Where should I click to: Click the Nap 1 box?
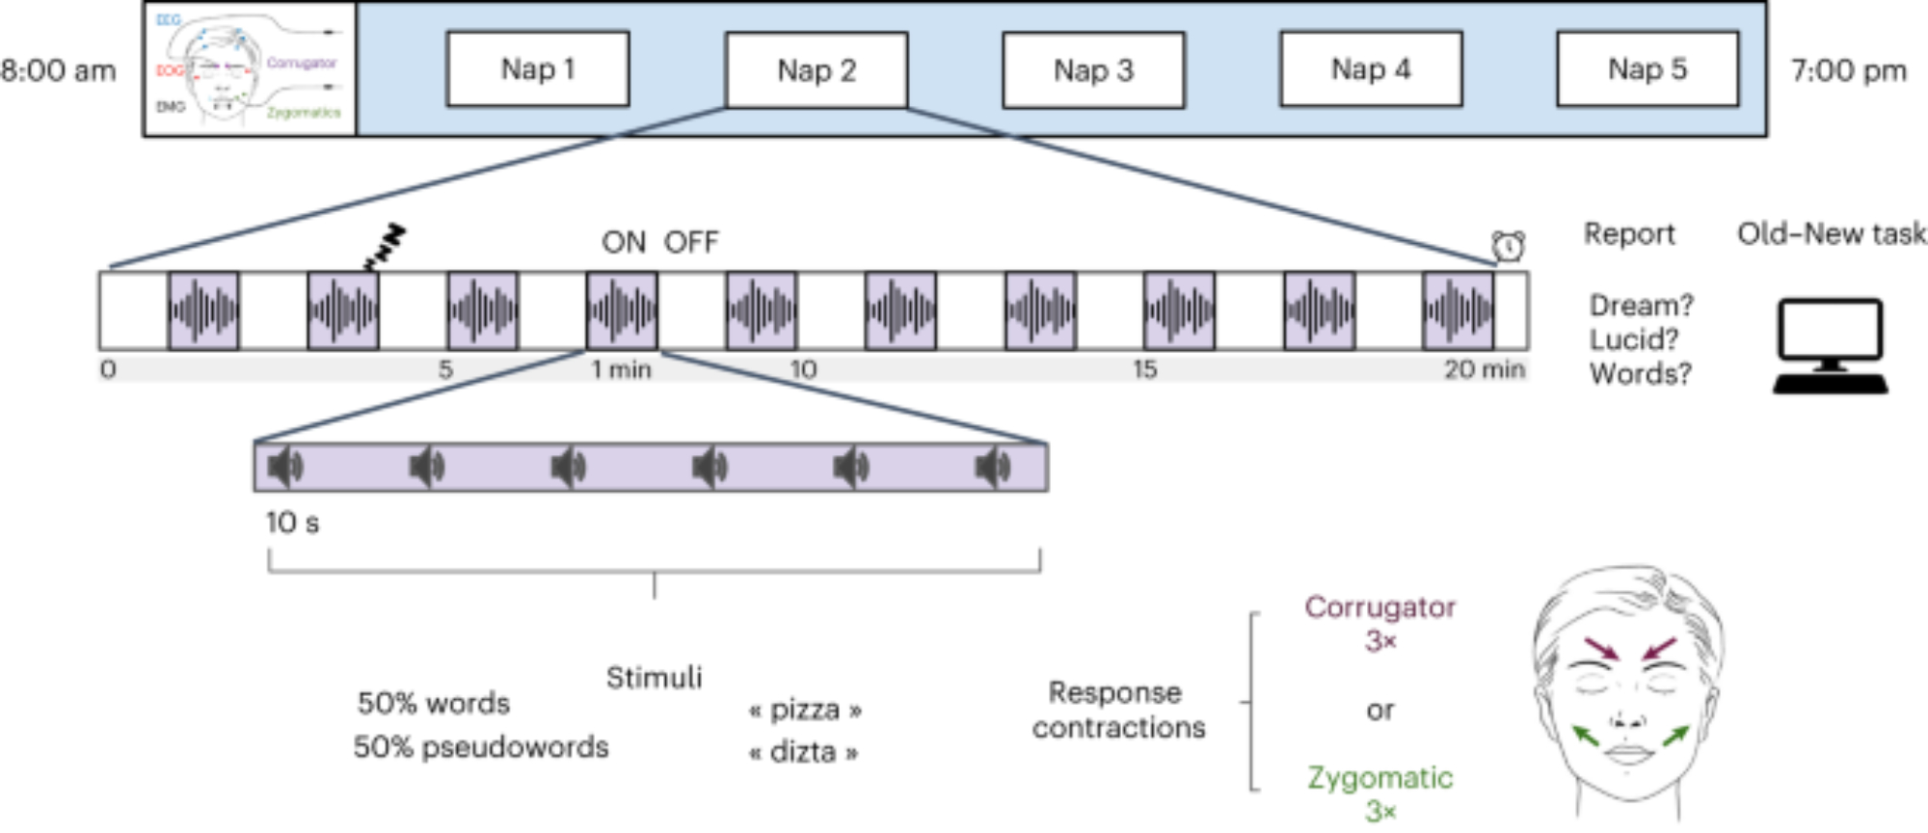(x=538, y=69)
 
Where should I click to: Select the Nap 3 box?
(x=1093, y=70)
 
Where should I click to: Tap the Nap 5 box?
(x=1647, y=69)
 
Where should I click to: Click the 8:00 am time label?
(x=58, y=71)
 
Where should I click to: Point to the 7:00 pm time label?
(x=1848, y=71)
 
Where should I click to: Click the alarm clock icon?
(x=1509, y=247)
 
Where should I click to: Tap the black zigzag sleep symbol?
(x=385, y=247)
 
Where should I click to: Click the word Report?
(x=1629, y=234)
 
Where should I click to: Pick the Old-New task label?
(x=1831, y=234)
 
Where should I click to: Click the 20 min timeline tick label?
(x=1484, y=369)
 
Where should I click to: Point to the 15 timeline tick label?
(x=1144, y=369)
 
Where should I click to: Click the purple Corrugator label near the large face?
(x=1379, y=607)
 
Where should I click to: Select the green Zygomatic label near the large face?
(x=1379, y=778)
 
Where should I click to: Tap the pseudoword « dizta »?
(x=804, y=752)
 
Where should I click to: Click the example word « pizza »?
(x=804, y=711)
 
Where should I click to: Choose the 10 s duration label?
(x=292, y=523)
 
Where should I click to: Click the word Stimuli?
(x=654, y=678)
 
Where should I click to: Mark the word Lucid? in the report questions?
(x=1633, y=339)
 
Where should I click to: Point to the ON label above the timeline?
(x=623, y=242)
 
